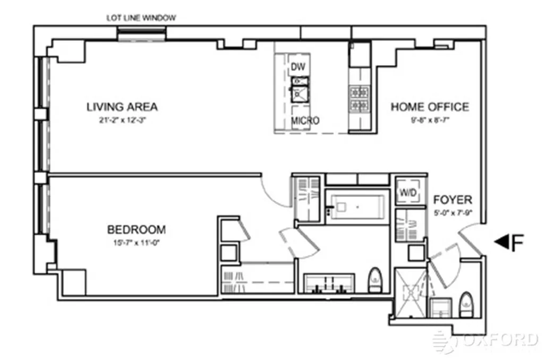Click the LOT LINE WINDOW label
[141, 18]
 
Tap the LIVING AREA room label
[122, 107]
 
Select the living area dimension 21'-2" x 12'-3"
[122, 120]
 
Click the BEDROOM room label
[137, 230]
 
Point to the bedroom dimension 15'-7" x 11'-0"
[137, 243]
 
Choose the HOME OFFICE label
[430, 107]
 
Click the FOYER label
[452, 200]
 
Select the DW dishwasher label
[297, 67]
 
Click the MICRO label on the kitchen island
[305, 121]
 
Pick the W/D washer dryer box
[407, 193]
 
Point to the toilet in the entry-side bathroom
[466, 304]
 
